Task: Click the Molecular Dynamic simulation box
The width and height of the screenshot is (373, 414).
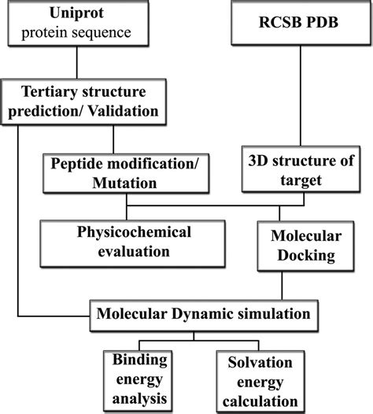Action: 204,313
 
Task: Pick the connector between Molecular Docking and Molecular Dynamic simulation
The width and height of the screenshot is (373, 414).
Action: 283,284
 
